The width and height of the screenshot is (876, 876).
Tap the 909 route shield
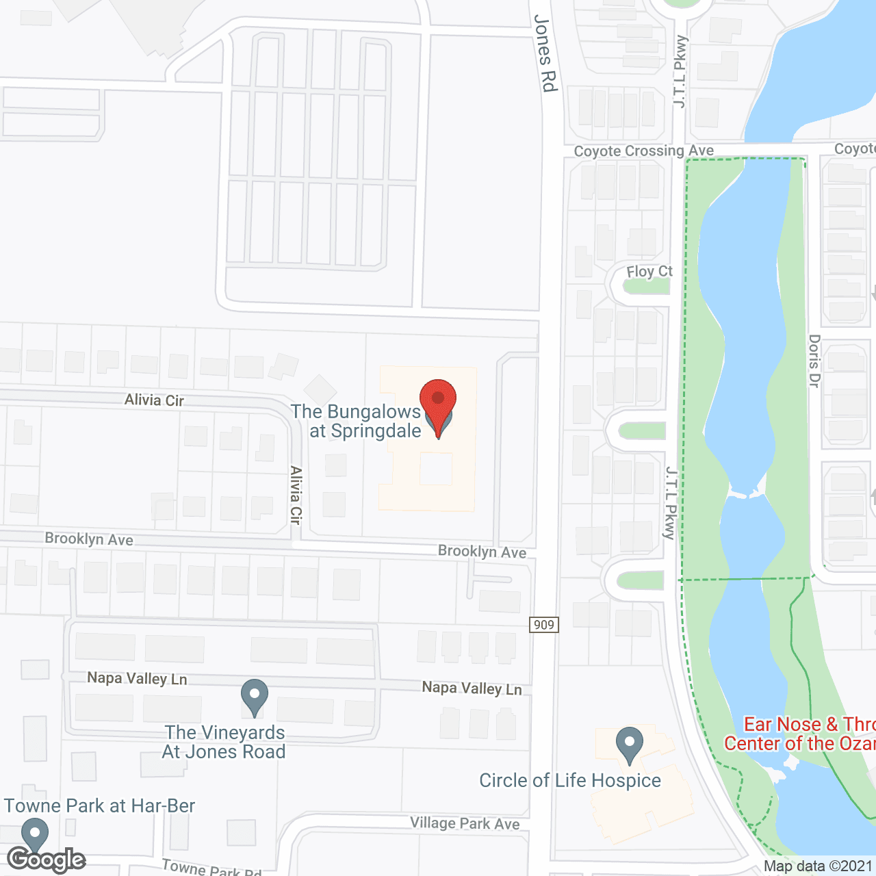pos(544,624)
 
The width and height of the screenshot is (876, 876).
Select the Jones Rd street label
pos(545,53)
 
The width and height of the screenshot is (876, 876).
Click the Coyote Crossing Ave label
pos(643,151)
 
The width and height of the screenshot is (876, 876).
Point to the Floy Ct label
pos(649,272)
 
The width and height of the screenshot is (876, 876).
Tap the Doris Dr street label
pos(814,361)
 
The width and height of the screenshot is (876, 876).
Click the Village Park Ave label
pos(465,823)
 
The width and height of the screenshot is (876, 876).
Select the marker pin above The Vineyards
pos(254,695)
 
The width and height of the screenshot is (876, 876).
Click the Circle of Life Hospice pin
pos(629,744)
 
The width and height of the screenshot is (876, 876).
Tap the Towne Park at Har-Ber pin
pos(35,835)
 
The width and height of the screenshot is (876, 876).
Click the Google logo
pos(47,860)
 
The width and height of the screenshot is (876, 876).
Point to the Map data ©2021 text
pos(818,866)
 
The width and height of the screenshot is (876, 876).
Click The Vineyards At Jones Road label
pos(224,742)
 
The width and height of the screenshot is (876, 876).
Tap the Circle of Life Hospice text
pos(570,780)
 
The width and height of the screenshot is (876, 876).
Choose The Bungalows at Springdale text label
pos(357,421)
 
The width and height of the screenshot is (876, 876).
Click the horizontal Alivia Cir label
pos(154,400)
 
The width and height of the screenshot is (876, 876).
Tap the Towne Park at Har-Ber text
pos(100,806)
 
